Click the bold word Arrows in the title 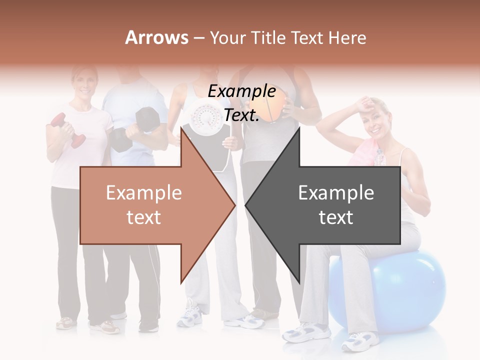157,37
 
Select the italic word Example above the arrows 241,91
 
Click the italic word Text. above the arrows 241,115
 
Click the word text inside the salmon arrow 143,217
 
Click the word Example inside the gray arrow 336,193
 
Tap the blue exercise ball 410,290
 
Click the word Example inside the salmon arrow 143,193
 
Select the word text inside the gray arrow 336,217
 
